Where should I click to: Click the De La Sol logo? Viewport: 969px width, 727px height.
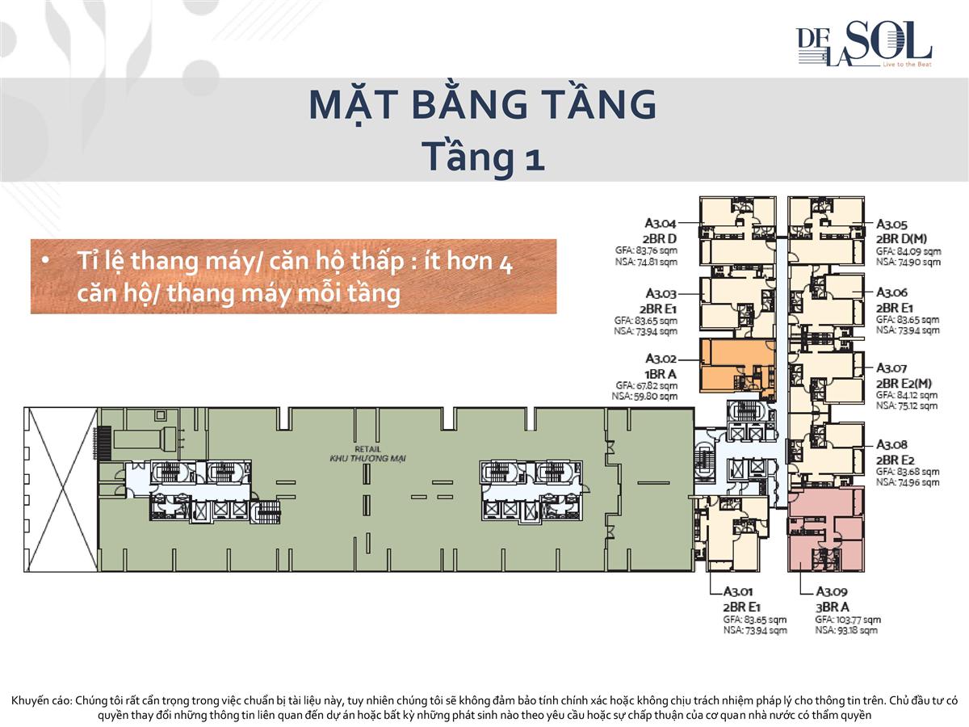pyautogui.click(x=862, y=44)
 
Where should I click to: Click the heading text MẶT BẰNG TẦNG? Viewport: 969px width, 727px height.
pyautogui.click(x=483, y=106)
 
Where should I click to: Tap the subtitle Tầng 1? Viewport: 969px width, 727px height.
pyautogui.click(x=484, y=156)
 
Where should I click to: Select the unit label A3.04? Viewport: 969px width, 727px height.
pyautogui.click(x=660, y=223)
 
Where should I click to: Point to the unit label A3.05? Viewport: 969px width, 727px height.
pyautogui.click(x=892, y=225)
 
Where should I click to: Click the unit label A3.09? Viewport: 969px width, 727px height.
pyautogui.click(x=831, y=591)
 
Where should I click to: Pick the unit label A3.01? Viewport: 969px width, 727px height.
pyautogui.click(x=739, y=591)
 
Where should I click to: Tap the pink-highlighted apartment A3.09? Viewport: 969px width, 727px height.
pyautogui.click(x=825, y=529)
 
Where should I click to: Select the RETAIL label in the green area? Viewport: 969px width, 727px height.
pyautogui.click(x=367, y=449)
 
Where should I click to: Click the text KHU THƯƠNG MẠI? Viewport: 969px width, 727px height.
pyautogui.click(x=367, y=459)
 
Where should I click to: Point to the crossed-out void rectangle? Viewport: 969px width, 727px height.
pyautogui.click(x=61, y=490)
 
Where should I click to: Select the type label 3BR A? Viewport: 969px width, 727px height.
pyautogui.click(x=832, y=606)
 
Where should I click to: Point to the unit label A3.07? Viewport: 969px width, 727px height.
pyautogui.click(x=891, y=368)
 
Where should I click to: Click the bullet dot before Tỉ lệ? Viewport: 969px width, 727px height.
pyautogui.click(x=47, y=261)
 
